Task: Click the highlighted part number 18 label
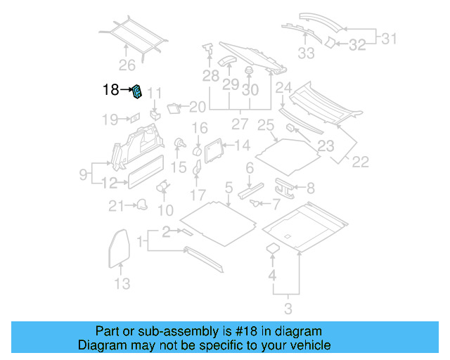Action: click(x=111, y=90)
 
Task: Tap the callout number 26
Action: click(x=126, y=66)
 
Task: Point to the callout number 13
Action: click(x=122, y=284)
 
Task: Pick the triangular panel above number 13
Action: click(x=120, y=247)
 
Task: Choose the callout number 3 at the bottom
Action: click(x=288, y=308)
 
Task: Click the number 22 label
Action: click(x=360, y=162)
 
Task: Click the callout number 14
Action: click(x=242, y=146)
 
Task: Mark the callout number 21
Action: click(x=116, y=205)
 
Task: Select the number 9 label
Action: click(x=83, y=173)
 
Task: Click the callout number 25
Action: click(x=265, y=126)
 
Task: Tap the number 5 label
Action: click(x=229, y=187)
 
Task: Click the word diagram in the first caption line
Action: click(x=293, y=331)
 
